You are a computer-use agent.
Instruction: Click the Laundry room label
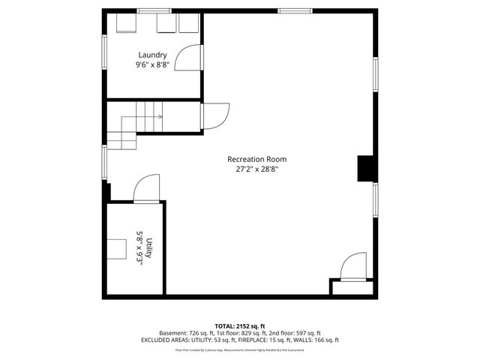tap(152, 55)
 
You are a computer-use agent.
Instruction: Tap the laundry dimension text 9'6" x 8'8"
tap(152, 65)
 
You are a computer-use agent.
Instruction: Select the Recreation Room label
tap(257, 159)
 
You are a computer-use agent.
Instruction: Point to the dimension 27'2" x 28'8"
tap(257, 169)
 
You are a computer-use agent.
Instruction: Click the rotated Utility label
tap(149, 248)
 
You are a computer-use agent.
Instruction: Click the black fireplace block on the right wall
tap(365, 169)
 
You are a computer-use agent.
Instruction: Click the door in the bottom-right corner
tap(352, 268)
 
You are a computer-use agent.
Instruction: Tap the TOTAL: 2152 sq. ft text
tap(239, 326)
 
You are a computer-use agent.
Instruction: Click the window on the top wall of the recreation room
tap(289, 10)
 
